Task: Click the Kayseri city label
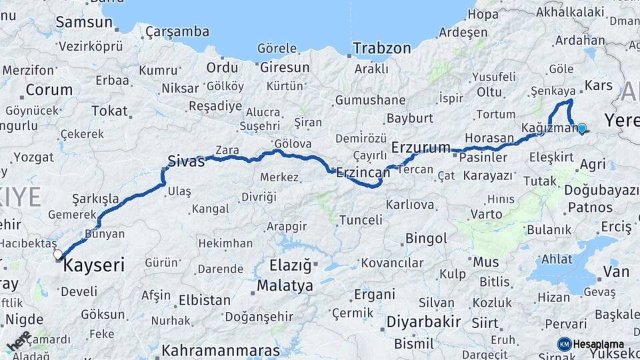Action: point(94,265)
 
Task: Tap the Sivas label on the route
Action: point(186,161)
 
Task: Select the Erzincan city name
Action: point(363,172)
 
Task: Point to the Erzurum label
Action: point(421,147)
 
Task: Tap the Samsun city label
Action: point(83,22)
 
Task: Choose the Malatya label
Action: point(285,286)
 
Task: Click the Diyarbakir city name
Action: point(423,322)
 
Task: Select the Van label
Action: point(616,271)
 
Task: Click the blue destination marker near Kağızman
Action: point(582,128)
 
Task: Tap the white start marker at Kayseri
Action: point(58,254)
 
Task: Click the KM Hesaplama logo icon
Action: point(565,344)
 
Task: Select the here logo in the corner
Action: point(19,341)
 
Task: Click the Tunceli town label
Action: point(361,219)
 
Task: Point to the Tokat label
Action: point(109,111)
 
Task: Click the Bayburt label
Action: point(410,119)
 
